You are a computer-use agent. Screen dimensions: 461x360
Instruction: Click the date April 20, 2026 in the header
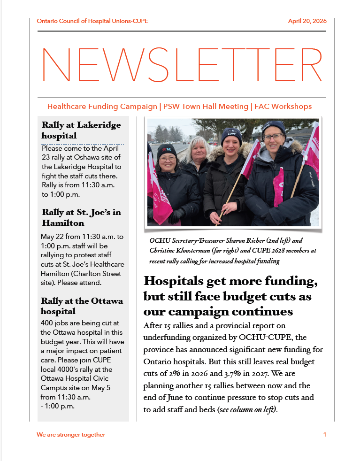pyautogui.click(x=307, y=21)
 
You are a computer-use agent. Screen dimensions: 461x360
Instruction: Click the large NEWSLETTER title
pyautogui.click(x=182, y=65)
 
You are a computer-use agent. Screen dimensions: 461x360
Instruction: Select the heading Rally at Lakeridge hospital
pyautogui.click(x=81, y=130)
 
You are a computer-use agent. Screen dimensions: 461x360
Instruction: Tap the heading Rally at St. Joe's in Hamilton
pyautogui.click(x=81, y=217)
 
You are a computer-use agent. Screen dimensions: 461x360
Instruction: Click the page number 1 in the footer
pyautogui.click(x=324, y=435)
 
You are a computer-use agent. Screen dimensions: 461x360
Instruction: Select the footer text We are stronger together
pyautogui.click(x=71, y=435)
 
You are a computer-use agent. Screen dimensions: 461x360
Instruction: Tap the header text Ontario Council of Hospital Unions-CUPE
pyautogui.click(x=92, y=21)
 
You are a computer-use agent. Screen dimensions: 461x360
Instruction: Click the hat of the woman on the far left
pyautogui.click(x=166, y=150)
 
